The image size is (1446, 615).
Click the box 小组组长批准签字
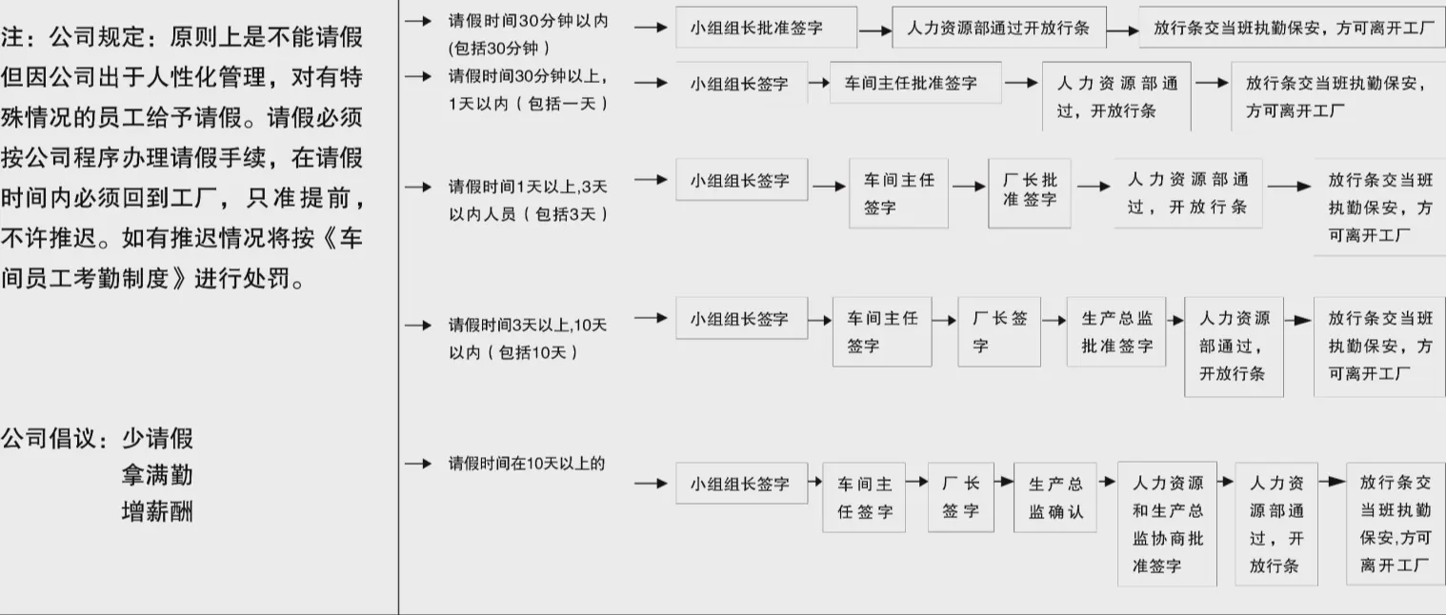click(766, 28)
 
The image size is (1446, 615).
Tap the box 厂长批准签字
click(1030, 192)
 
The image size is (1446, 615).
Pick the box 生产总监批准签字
click(1116, 331)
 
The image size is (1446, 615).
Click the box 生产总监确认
click(1055, 497)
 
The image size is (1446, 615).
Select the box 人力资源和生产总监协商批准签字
click(1167, 524)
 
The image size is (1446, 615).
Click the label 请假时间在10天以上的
click(527, 464)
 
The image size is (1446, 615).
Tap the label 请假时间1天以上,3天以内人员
click(528, 200)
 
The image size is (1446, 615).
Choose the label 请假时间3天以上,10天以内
click(528, 338)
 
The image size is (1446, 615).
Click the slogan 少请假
click(157, 439)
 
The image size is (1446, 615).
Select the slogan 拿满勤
click(157, 475)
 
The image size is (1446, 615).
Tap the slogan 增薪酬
click(157, 511)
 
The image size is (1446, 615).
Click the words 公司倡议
click(52, 439)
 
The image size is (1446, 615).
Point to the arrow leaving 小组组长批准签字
click(874, 30)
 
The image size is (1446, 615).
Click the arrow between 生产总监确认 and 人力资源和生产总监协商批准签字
click(1107, 483)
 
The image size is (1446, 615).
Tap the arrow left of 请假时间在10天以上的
click(418, 464)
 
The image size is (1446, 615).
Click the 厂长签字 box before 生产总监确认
click(960, 497)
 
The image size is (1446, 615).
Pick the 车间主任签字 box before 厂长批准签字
click(898, 192)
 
